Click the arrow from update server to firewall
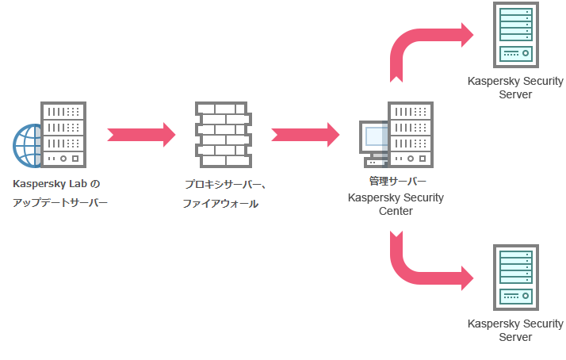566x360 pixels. tap(141, 134)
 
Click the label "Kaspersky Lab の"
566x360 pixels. tap(57, 184)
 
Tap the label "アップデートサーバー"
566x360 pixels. tap(60, 203)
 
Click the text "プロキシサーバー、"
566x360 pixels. tap(225, 185)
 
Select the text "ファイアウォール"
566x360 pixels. tap(220, 204)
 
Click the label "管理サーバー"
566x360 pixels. tap(392, 182)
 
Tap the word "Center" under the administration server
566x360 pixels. tap(396, 211)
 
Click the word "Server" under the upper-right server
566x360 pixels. tap(515, 94)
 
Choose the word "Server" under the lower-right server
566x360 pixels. tap(515, 337)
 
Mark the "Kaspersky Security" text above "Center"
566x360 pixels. tap(396, 197)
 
